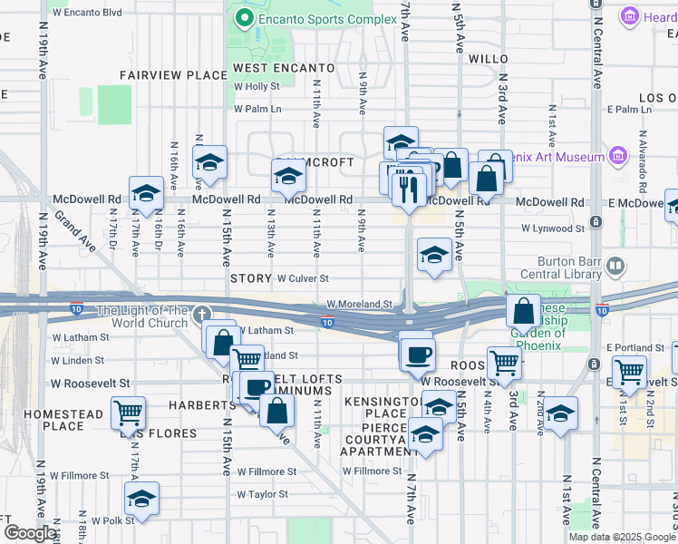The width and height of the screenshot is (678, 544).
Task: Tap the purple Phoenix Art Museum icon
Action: tap(619, 157)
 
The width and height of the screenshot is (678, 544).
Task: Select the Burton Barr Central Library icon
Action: tap(615, 267)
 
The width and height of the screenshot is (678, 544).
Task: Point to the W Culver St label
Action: tap(303, 278)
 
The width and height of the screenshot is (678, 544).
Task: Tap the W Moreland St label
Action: tap(359, 305)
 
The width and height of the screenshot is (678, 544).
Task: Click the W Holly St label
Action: tap(257, 87)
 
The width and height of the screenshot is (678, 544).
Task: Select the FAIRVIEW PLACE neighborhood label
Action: tap(173, 75)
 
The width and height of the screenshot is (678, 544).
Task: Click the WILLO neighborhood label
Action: tap(489, 59)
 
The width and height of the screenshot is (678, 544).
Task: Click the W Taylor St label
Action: tap(263, 494)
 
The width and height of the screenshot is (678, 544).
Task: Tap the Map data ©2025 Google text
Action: tap(621, 537)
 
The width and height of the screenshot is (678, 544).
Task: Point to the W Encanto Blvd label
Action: tap(88, 14)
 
